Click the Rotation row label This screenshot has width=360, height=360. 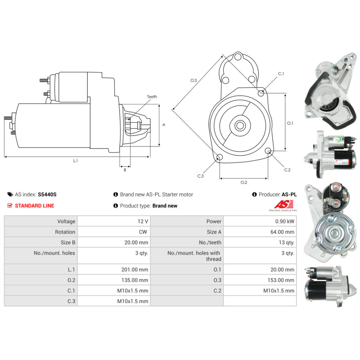click(65, 232)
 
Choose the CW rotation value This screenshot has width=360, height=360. click(142, 232)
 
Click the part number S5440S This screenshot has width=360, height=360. click(47, 194)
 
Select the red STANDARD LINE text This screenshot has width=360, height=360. click(35, 206)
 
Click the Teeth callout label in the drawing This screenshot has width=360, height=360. click(152, 96)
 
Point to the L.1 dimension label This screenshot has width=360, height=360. click(75, 161)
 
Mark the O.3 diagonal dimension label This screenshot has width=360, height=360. click(194, 80)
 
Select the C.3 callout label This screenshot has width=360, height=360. click(201, 176)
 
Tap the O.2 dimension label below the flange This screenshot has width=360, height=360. click(244, 183)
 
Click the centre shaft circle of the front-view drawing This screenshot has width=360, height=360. click(240, 126)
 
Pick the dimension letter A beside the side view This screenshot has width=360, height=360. click(164, 125)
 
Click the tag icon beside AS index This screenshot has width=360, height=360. click(10, 194)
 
